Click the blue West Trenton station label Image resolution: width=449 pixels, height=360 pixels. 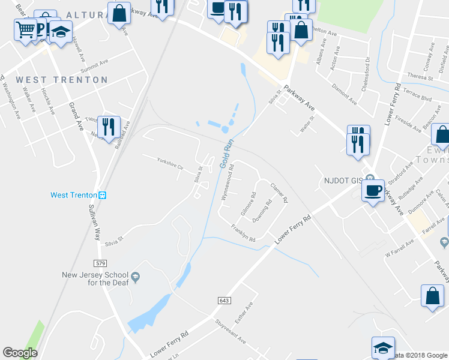click(73, 195)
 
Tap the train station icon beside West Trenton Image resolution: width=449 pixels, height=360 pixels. click(102, 195)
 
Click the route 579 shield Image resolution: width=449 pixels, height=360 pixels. click(100, 263)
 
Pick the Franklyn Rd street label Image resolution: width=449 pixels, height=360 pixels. click(243, 233)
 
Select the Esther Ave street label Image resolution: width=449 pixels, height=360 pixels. click(243, 312)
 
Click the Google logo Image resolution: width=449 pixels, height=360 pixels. click(20, 353)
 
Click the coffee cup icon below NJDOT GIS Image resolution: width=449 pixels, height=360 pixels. click(373, 191)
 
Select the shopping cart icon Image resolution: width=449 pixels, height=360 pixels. click(25, 28)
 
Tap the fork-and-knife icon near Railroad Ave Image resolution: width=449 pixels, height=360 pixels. click(108, 127)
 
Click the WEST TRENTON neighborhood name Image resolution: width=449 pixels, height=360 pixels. click(62, 80)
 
